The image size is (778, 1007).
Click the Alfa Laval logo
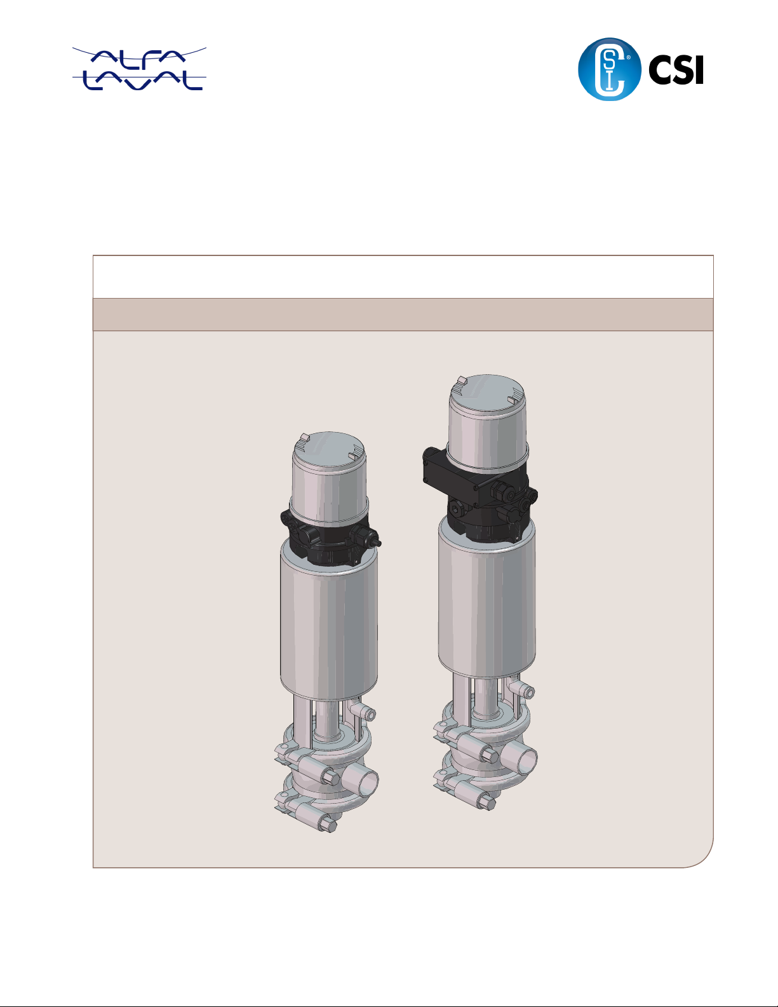click(139, 69)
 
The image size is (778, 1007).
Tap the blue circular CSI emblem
click(610, 69)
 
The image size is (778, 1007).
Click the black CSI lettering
click(676, 69)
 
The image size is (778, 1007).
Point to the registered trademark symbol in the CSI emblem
click(628, 58)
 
